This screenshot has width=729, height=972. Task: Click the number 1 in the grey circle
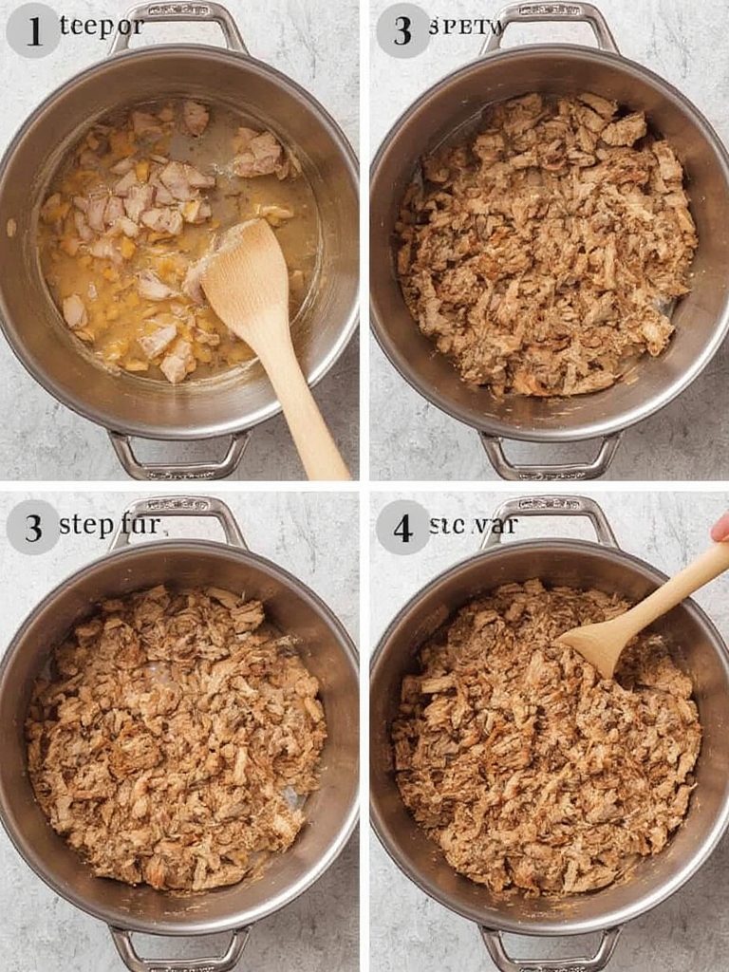pos(33,30)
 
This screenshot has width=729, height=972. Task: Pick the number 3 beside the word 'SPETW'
pos(402,30)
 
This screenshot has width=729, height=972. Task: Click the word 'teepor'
pos(102,26)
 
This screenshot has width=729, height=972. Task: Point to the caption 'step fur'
pos(109,524)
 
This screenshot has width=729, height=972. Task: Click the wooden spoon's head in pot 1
pos(245,272)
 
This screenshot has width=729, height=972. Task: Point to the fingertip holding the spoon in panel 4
pos(721,528)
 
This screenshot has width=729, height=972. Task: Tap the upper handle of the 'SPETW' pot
pos(549,17)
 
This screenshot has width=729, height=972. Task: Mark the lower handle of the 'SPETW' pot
pos(551,462)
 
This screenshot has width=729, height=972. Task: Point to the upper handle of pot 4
pos(549,509)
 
